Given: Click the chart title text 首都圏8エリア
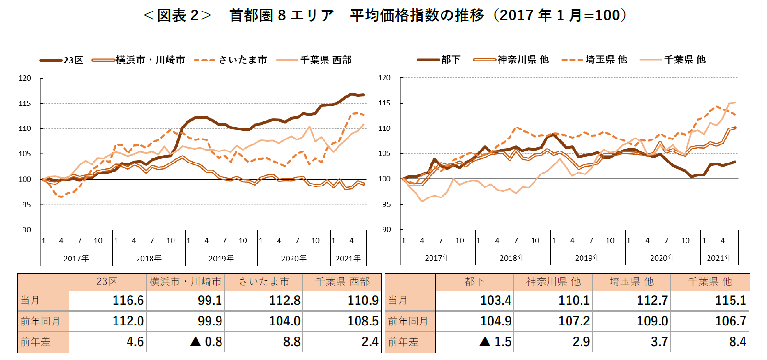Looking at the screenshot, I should [x=281, y=15].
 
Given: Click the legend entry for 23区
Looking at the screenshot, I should [x=73, y=60].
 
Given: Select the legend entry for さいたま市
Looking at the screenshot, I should [x=243, y=60].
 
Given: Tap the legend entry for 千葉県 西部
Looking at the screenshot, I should [x=326, y=60].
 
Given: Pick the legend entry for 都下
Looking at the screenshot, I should [x=451, y=59].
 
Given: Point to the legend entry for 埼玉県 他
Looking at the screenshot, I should [x=606, y=59].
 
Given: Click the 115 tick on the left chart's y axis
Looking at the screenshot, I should [x=24, y=103].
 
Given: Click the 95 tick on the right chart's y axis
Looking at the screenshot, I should [x=384, y=204].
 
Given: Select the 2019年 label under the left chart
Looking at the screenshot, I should [x=221, y=258].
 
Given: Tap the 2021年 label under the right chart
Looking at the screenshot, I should [x=719, y=258].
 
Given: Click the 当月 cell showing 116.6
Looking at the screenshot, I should [x=128, y=301].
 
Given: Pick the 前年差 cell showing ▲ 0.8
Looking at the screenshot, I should [x=206, y=342].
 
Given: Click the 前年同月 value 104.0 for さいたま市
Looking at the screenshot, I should [x=284, y=321].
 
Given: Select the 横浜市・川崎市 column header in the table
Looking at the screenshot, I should [x=185, y=281].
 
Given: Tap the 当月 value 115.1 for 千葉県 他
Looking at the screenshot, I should [x=730, y=301].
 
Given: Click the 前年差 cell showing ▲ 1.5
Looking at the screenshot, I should [x=496, y=342].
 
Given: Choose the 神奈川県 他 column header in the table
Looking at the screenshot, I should [x=553, y=281].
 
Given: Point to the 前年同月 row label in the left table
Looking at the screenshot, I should [x=40, y=321].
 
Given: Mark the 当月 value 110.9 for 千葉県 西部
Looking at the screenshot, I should [x=363, y=301].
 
